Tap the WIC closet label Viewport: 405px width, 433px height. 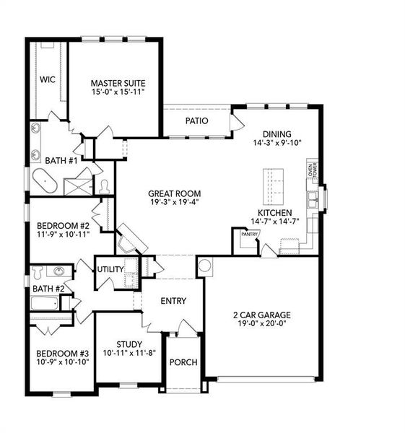pos(48,79)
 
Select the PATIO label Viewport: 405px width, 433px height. pos(196,121)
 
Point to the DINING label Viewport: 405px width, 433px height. pos(276,134)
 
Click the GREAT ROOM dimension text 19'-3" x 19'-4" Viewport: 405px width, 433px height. pos(174,203)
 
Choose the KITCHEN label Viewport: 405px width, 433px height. pos(274,213)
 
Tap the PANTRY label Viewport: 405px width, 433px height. pos(249,234)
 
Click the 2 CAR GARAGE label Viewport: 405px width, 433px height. pos(261,315)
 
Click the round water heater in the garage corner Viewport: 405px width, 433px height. pos(205,266)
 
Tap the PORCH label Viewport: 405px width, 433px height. pos(183,362)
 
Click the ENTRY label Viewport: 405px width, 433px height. pos(173,301)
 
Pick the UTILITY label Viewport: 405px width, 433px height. pos(110,269)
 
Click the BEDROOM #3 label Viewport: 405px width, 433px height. pos(63,353)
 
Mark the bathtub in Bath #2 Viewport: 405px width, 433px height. pos(50,302)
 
